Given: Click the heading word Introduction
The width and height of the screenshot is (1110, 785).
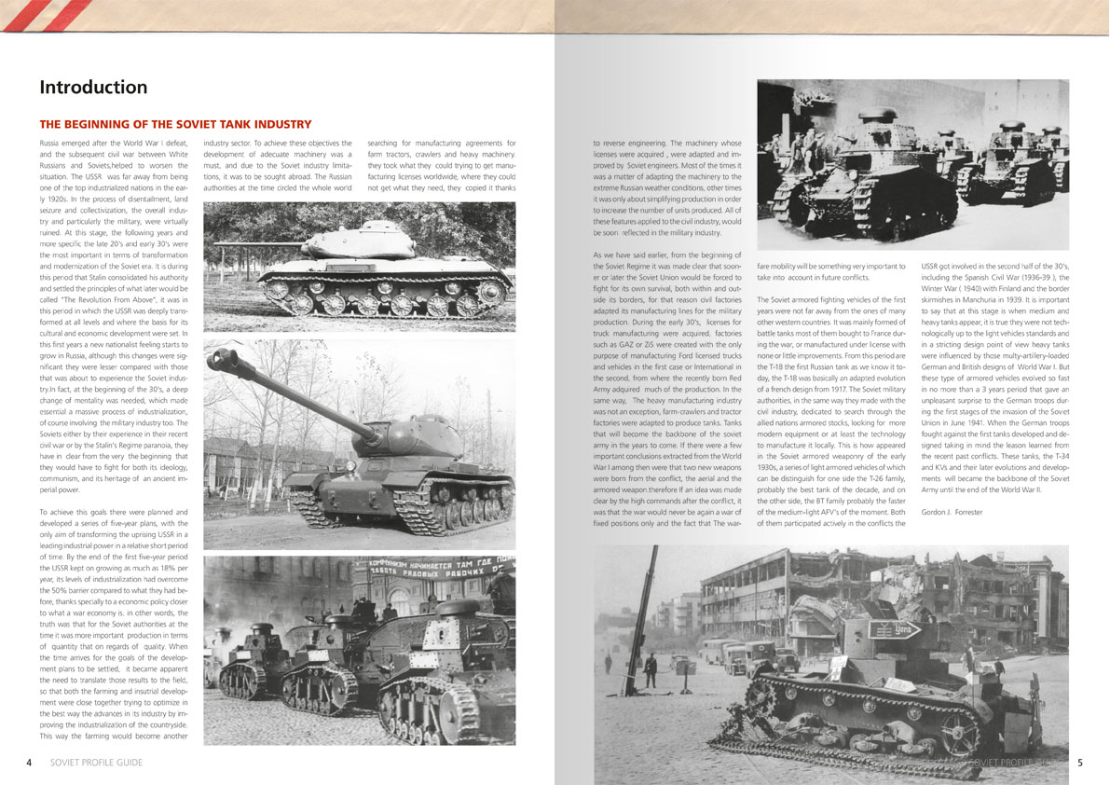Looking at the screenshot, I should click(x=93, y=88).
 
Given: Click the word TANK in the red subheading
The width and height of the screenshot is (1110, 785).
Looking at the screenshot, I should click(x=225, y=124).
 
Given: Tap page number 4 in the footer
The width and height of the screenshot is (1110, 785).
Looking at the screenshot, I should click(x=30, y=762).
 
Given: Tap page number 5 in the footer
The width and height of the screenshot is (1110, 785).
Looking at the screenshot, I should click(x=1079, y=762).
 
